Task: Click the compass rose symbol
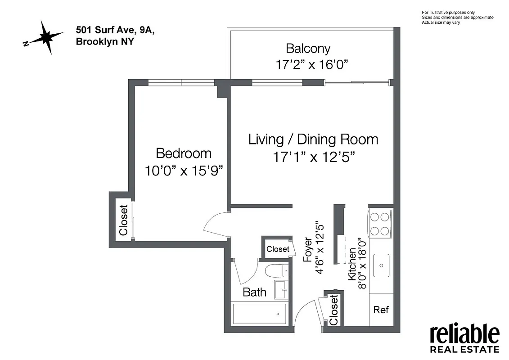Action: coord(45,38)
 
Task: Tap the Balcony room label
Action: coord(308,48)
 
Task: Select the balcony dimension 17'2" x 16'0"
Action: coord(313,65)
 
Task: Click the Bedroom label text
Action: coord(184,153)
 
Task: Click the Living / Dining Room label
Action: coord(313,139)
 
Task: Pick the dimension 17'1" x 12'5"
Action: coord(314,157)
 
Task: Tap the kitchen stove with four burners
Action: coord(379,224)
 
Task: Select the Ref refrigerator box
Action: coord(381,310)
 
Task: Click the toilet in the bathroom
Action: coord(274,271)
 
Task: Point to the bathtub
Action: coord(259,313)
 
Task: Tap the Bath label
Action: coord(254,292)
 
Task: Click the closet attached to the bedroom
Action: coord(123,220)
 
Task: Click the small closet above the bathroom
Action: coord(278,249)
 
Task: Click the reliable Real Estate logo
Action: coord(464,339)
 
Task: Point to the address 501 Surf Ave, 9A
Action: coord(116,31)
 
